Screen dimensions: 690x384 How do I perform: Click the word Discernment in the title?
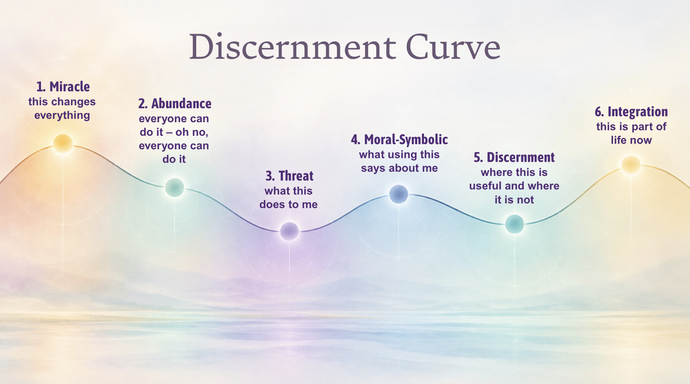tap(292, 47)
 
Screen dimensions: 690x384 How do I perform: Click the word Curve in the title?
tap(453, 47)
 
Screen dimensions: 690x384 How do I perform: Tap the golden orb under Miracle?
tap(63, 144)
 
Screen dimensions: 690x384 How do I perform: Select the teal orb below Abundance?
tap(175, 187)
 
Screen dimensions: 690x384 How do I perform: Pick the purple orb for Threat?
tap(289, 231)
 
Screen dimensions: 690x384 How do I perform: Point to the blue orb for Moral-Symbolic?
tap(399, 194)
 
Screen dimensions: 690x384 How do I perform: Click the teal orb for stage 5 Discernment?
tap(515, 224)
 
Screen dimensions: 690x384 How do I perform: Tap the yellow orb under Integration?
tap(631, 165)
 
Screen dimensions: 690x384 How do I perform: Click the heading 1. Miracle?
tap(63, 87)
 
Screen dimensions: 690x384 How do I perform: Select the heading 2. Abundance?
tap(175, 104)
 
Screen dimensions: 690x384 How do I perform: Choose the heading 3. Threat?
tap(289, 176)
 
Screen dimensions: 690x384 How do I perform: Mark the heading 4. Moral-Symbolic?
tap(399, 140)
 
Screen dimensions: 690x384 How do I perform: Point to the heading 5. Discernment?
tap(514, 157)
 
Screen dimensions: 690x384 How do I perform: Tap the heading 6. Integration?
tap(631, 112)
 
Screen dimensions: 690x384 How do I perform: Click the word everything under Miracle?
tap(62, 115)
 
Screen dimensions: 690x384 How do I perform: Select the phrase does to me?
tap(288, 204)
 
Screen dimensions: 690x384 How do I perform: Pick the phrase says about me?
tap(399, 168)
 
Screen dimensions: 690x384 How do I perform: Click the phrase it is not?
tap(514, 200)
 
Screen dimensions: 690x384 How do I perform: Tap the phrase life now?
tap(631, 140)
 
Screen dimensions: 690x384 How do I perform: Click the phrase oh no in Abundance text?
tap(191, 132)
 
